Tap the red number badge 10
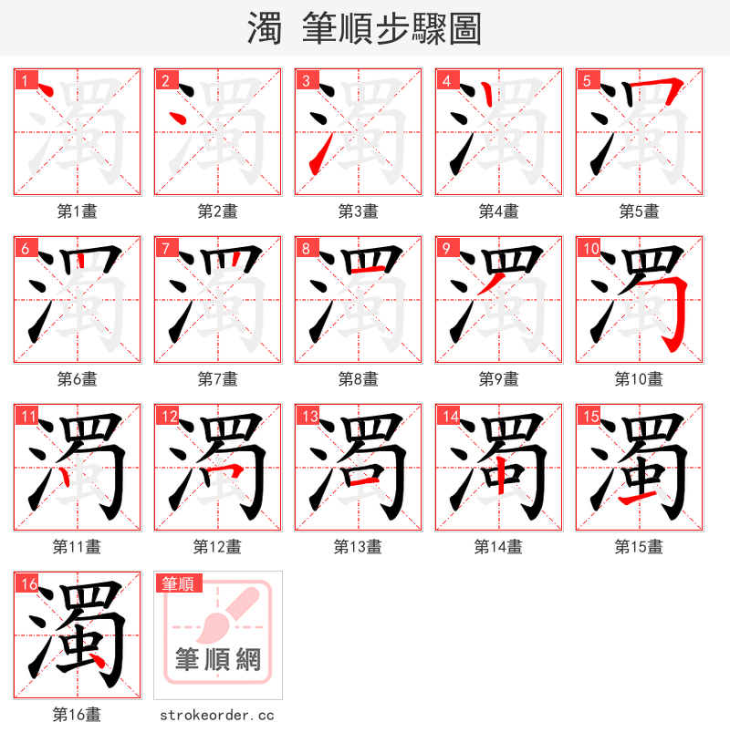point(589,248)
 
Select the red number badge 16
point(27,583)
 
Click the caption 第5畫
point(639,211)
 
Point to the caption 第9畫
point(498,379)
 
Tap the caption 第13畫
point(358,547)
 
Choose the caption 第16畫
point(77,715)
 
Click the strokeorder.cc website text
point(217,716)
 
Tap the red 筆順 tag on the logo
point(178,583)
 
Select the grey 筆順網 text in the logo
point(218,658)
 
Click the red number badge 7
point(165,248)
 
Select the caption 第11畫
point(77,547)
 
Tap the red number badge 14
point(449,416)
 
